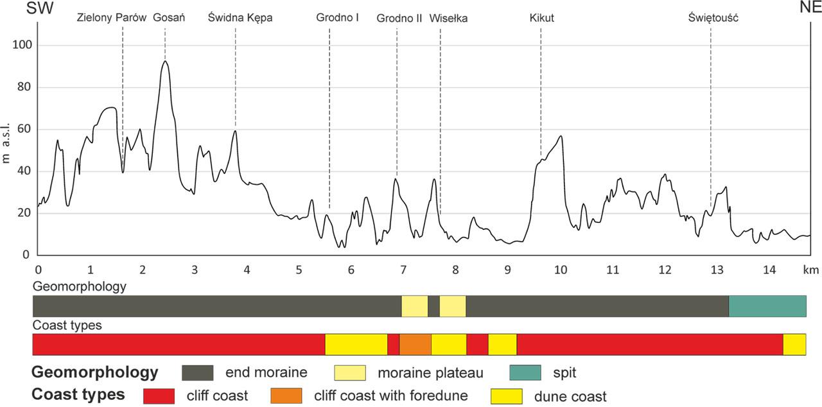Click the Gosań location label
pyautogui.click(x=169, y=18)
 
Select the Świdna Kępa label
pyautogui.click(x=240, y=18)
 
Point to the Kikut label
pyautogui.click(x=542, y=18)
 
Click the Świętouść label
pyautogui.click(x=713, y=18)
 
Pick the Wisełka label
pyautogui.click(x=448, y=18)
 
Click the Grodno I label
pyautogui.click(x=337, y=18)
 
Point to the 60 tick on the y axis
pyautogui.click(x=24, y=130)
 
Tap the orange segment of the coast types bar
pyautogui.click(x=415, y=344)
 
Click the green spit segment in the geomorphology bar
pyautogui.click(x=767, y=306)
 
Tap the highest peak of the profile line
pyautogui.click(x=165, y=61)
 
